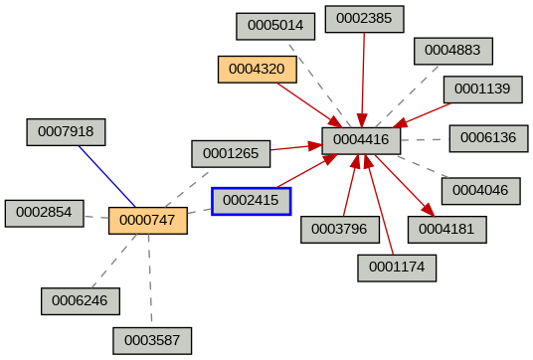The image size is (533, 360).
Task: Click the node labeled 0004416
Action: [x=361, y=140]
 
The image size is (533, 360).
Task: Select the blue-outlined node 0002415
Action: [x=251, y=201]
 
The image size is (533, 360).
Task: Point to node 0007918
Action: [x=66, y=131]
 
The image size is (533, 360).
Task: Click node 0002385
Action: [x=364, y=19]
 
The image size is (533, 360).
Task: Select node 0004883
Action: [x=452, y=50]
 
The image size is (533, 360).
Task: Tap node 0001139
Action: [x=482, y=90]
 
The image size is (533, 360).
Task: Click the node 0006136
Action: [x=487, y=138]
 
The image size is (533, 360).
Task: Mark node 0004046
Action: [x=479, y=189]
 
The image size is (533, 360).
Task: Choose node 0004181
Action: [x=446, y=230]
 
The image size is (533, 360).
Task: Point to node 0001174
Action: [x=397, y=268]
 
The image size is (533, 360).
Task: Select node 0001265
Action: [x=231, y=154]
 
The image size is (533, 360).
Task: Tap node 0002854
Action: [x=44, y=213]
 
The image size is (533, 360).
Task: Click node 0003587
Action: [x=151, y=341]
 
